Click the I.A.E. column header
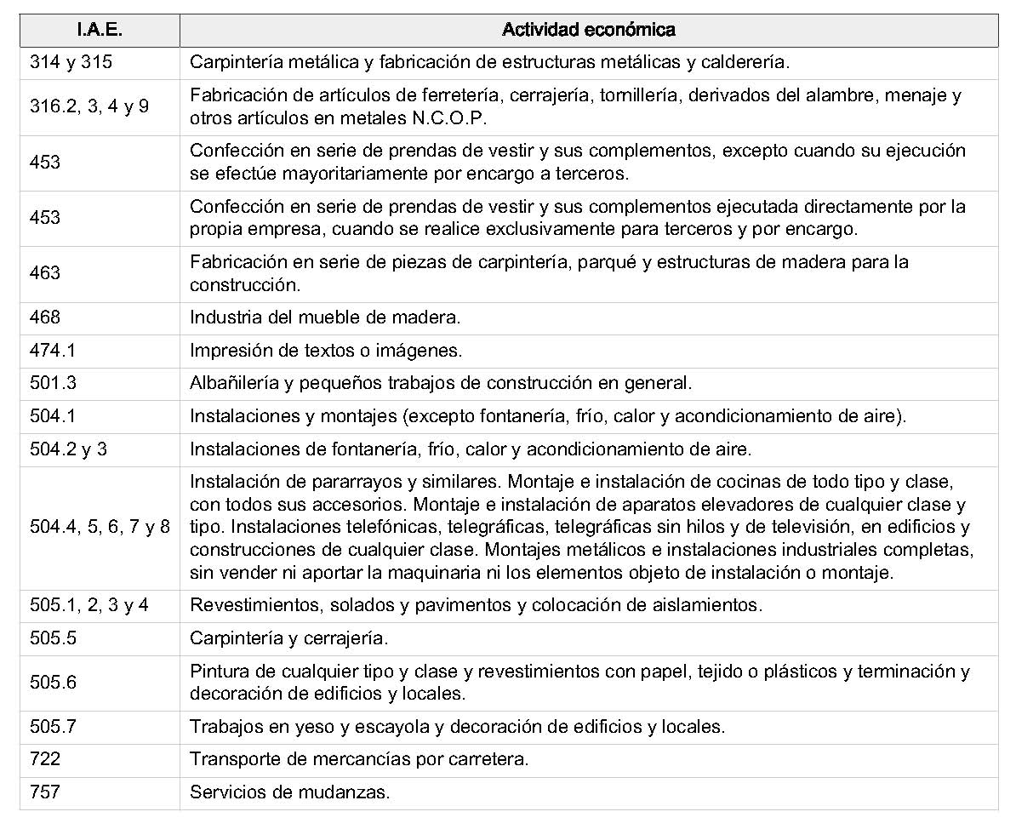pos(100,31)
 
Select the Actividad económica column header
pos(589,31)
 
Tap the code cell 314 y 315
pos(71,62)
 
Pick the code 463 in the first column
pos(45,273)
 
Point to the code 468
pos(45,317)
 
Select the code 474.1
pos(53,351)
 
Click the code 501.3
pos(53,383)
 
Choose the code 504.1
pos(53,416)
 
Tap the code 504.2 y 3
pos(68,449)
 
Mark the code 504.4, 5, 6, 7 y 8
pos(100,528)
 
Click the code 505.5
pos(53,638)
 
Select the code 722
pos(45,759)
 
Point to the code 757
pos(45,792)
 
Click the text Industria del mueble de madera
pos(325,317)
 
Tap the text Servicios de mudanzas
pos(289,792)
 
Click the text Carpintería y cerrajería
pos(288,638)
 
